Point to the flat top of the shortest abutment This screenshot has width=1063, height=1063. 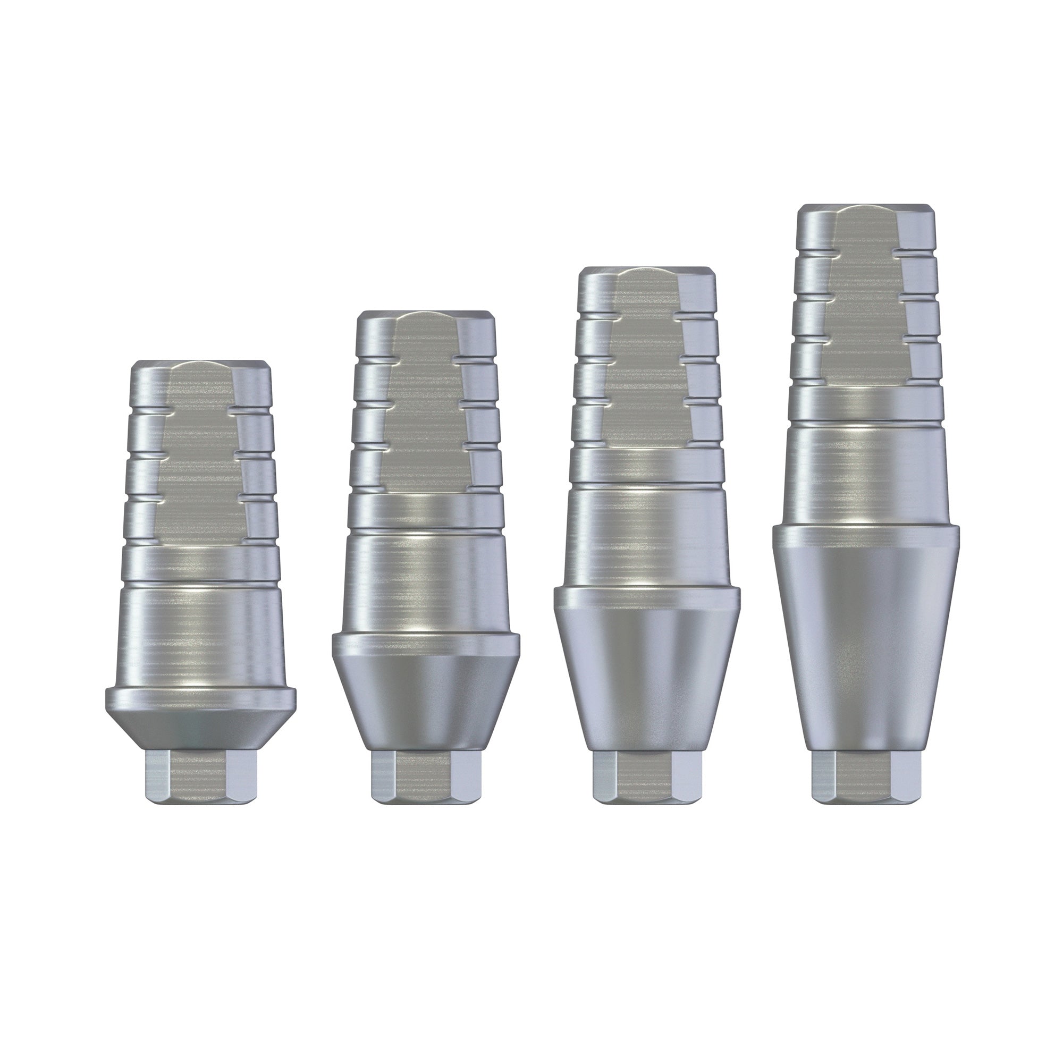coord(200,364)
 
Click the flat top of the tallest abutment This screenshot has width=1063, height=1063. coord(866,208)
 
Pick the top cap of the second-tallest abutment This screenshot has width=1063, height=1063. coord(647,271)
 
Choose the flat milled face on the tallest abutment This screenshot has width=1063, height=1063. coord(866,297)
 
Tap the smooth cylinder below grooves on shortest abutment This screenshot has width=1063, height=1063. coord(200,632)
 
